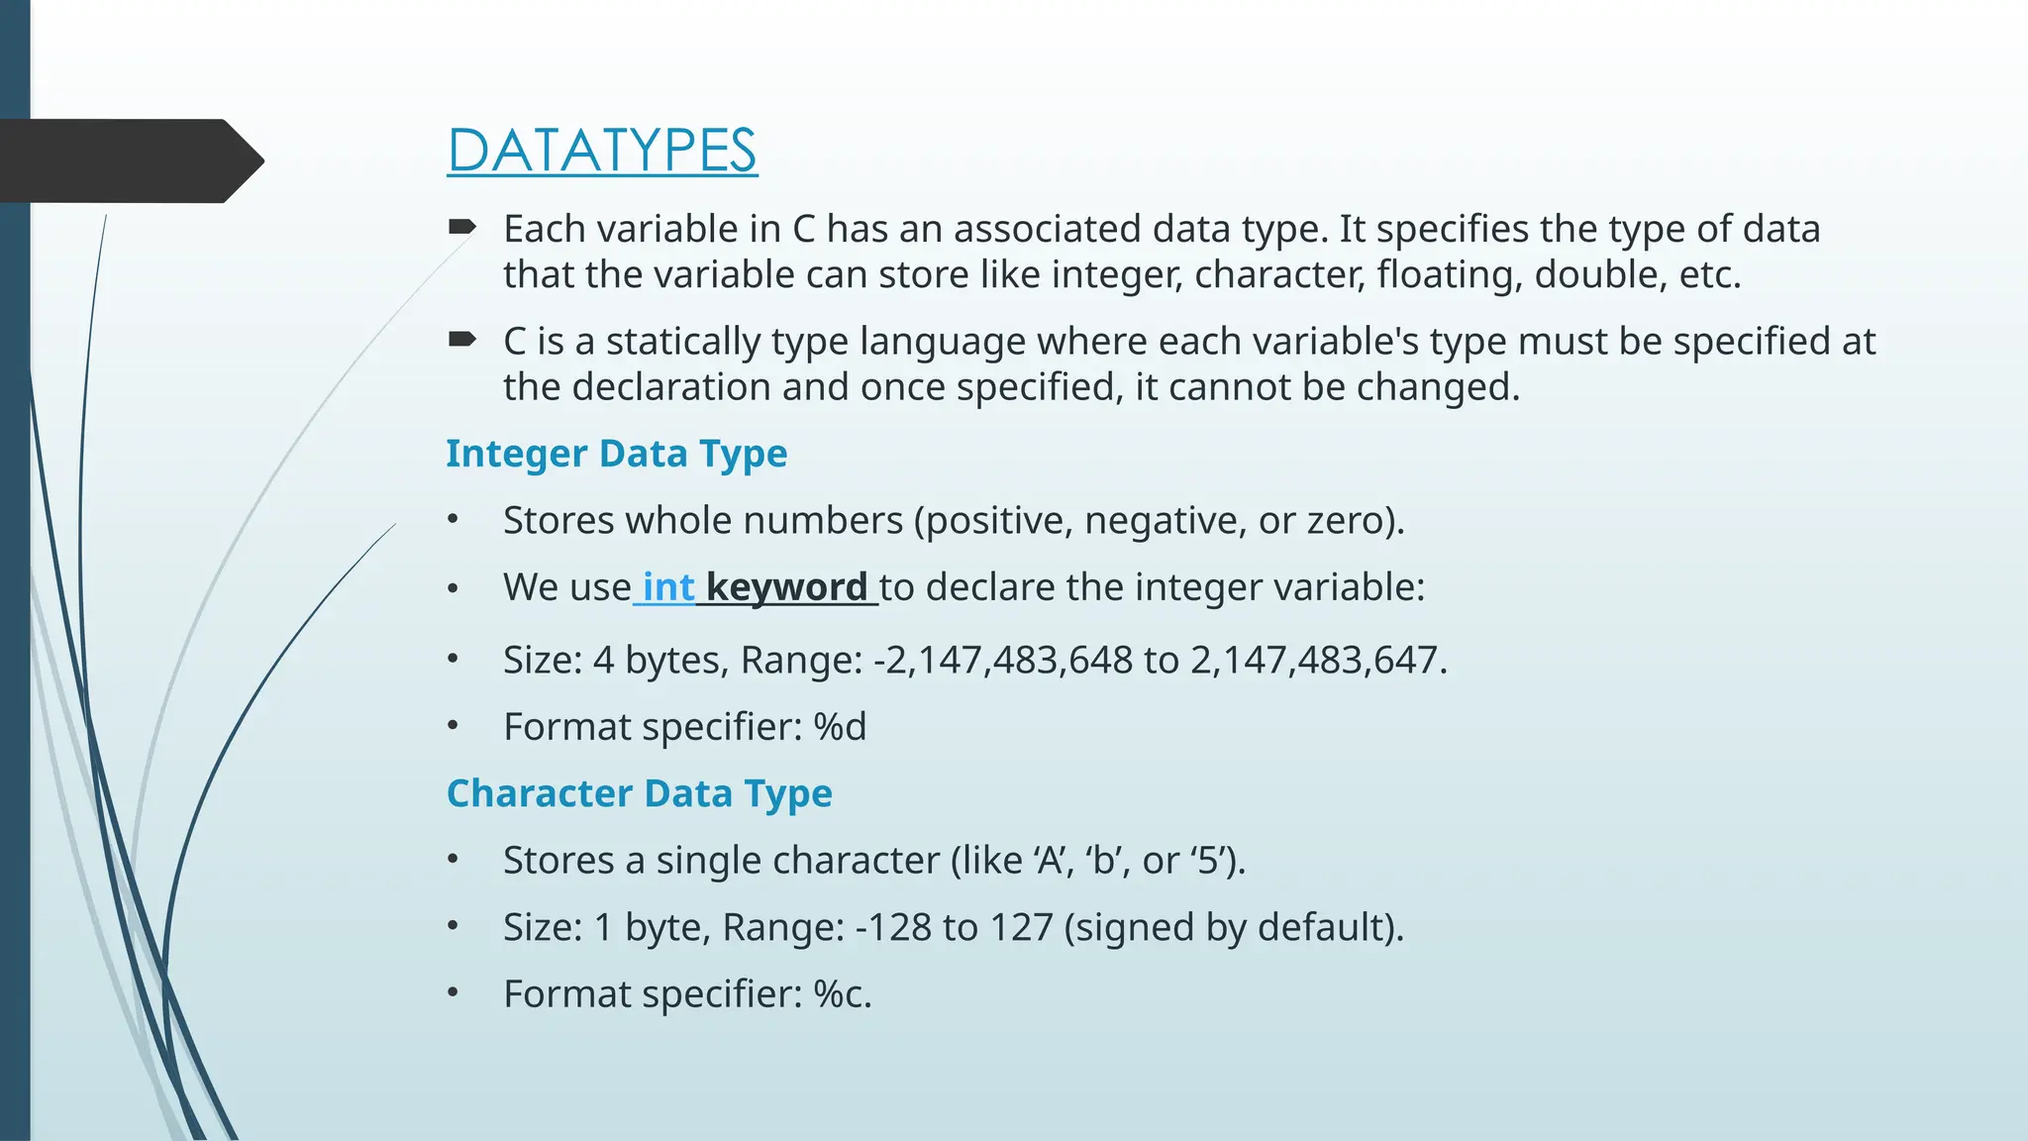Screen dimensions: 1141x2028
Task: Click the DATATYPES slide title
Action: pyautogui.click(x=602, y=151)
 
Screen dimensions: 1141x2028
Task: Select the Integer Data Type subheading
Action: pyautogui.click(x=616, y=454)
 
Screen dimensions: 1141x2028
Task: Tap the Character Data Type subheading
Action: pyautogui.click(x=639, y=793)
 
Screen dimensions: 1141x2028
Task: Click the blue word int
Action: pyautogui.click(x=668, y=587)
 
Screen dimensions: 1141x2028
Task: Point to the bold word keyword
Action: pyautogui.click(x=786, y=587)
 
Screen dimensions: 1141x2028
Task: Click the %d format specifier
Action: pyautogui.click(x=840, y=727)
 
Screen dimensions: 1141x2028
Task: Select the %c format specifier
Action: pyautogui.click(x=842, y=994)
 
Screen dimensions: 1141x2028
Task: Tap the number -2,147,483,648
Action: pyautogui.click(x=1002, y=661)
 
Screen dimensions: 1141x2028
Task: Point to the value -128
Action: pyautogui.click(x=893, y=928)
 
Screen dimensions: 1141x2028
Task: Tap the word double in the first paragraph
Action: pyautogui.click(x=1595, y=274)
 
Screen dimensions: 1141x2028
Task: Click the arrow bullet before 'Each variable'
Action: pyautogui.click(x=461, y=228)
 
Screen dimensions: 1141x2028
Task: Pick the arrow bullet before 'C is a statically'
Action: pyautogui.click(x=461, y=341)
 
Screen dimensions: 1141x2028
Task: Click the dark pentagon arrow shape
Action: pyautogui.click(x=129, y=160)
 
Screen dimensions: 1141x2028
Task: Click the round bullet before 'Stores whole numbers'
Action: pyautogui.click(x=453, y=520)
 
